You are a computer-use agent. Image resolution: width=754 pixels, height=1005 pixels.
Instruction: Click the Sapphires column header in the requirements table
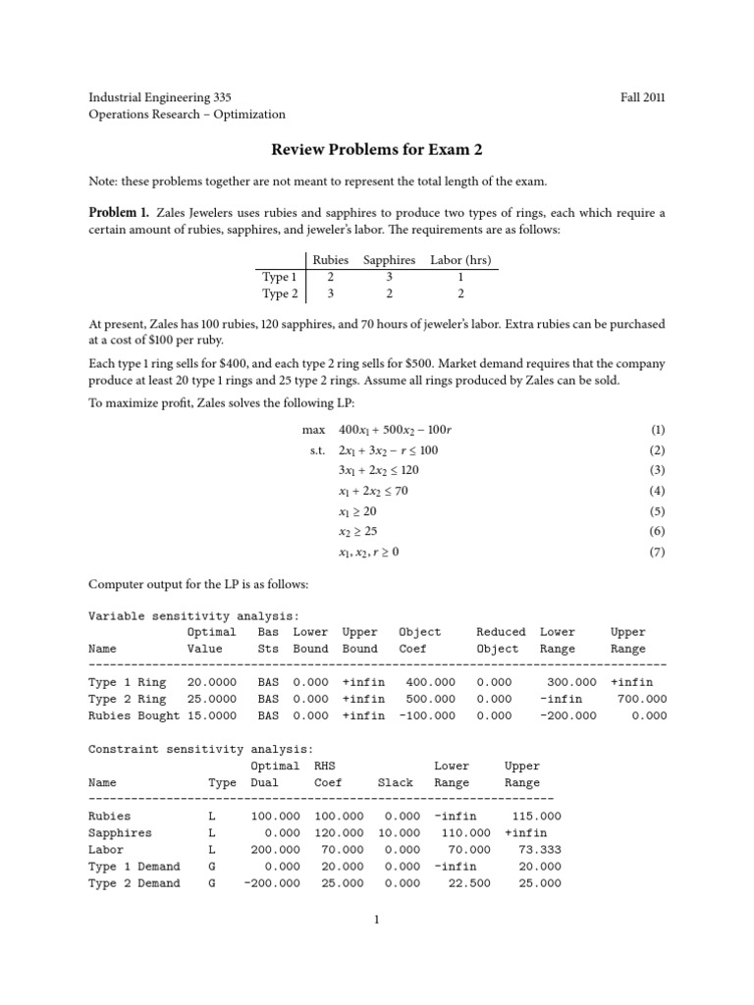tap(390, 260)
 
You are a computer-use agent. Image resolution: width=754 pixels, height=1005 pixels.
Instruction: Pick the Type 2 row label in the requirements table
tap(280, 293)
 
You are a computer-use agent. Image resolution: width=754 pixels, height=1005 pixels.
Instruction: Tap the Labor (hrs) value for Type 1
tap(460, 277)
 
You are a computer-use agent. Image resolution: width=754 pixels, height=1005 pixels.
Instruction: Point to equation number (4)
tap(658, 491)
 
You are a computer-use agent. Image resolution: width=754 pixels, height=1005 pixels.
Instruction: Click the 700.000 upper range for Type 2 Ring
tap(642, 699)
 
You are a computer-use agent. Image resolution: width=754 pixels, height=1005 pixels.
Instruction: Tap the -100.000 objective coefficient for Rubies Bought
tap(427, 715)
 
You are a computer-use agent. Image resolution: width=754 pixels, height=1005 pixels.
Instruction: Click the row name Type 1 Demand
tap(134, 866)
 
